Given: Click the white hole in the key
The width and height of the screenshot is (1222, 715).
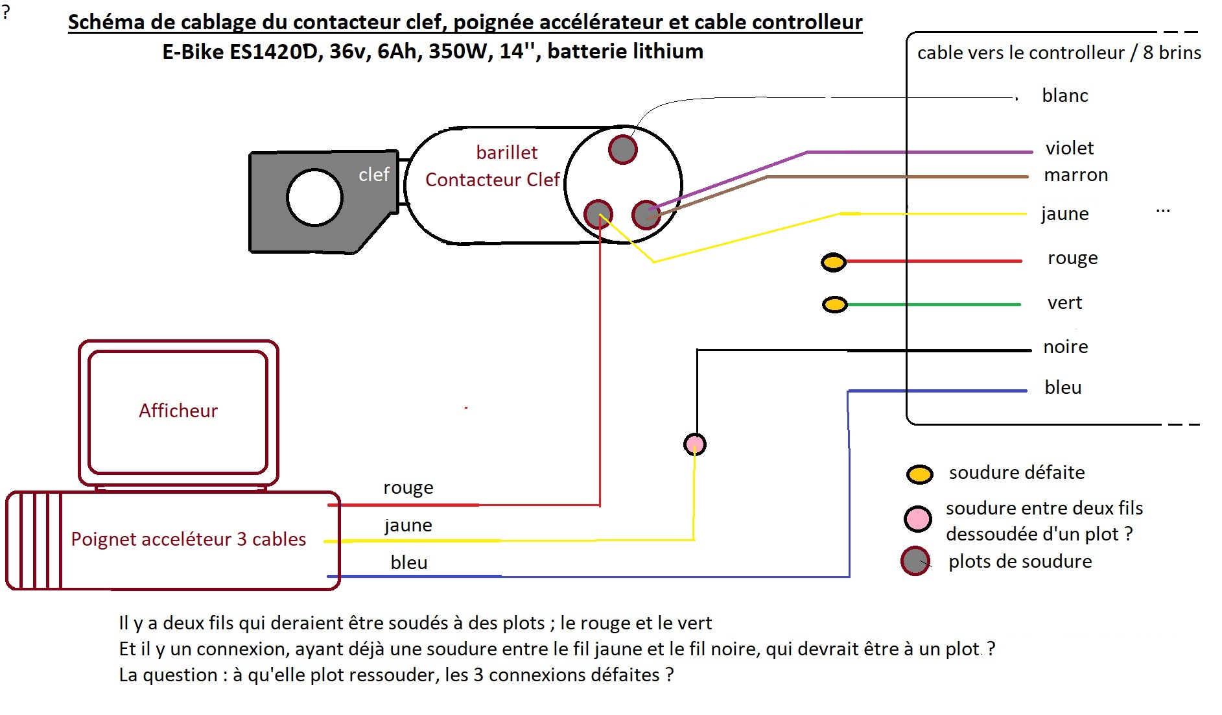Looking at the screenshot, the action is [x=314, y=197].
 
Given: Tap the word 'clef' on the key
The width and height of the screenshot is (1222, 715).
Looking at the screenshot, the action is [x=374, y=174].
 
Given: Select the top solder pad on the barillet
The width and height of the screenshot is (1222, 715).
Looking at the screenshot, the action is [x=623, y=149].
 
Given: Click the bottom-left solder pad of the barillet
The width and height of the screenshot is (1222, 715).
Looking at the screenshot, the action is [x=598, y=213].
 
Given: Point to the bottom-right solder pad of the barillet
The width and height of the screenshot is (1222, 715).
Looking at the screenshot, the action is [x=646, y=215].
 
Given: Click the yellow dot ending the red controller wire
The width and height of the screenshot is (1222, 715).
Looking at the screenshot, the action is [x=834, y=262].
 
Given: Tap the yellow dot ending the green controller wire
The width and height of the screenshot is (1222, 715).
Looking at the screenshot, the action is [x=835, y=304].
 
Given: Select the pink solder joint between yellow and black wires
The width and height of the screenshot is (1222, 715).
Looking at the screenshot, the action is [x=695, y=444].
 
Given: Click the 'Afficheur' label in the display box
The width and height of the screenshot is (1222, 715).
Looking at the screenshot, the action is [x=178, y=410].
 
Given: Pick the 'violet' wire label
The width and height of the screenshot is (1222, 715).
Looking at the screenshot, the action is [x=1070, y=148].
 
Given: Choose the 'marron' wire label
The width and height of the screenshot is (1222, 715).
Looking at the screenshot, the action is [x=1076, y=175].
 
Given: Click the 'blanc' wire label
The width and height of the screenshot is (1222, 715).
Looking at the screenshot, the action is [x=1065, y=95].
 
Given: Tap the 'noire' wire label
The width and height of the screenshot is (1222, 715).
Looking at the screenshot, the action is [x=1066, y=346].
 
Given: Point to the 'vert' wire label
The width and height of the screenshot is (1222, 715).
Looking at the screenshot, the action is [x=1065, y=303].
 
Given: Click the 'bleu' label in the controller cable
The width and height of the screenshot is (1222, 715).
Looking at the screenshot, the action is [x=1063, y=387].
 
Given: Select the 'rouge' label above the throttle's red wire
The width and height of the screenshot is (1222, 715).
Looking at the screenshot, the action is [x=408, y=488].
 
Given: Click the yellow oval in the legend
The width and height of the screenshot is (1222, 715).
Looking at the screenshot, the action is [x=920, y=474].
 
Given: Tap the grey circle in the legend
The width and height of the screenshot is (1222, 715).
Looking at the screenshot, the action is [x=915, y=561].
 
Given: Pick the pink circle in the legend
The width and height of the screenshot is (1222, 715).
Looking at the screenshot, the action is [x=918, y=518].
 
